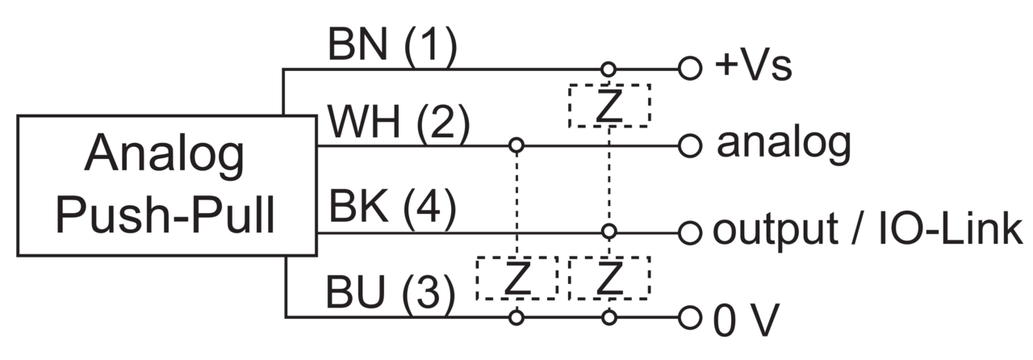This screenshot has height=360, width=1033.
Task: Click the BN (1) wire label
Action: [x=392, y=45]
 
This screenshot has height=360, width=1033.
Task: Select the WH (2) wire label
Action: [x=399, y=123]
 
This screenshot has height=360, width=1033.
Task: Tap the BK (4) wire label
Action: [x=392, y=207]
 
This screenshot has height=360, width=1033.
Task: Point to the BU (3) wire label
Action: [x=390, y=293]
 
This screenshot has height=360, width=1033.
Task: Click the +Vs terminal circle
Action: [x=690, y=69]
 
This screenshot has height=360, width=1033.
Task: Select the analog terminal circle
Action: [x=690, y=146]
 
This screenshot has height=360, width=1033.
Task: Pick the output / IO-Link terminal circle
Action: [x=690, y=232]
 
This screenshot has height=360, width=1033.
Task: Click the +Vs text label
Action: [x=753, y=66]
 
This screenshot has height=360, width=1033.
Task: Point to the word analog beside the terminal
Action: [x=784, y=144]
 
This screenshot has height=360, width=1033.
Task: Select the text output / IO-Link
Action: [x=867, y=230]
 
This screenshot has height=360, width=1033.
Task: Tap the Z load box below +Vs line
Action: [x=609, y=106]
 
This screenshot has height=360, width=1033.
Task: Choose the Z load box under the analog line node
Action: [x=517, y=278]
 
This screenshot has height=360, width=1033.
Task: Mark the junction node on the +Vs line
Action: [x=609, y=69]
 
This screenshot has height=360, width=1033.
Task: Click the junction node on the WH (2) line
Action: [x=516, y=145]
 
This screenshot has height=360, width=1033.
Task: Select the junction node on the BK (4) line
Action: [x=609, y=232]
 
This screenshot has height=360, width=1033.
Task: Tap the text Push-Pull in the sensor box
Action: [x=165, y=215]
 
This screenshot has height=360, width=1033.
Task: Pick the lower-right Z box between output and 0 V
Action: [x=609, y=278]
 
